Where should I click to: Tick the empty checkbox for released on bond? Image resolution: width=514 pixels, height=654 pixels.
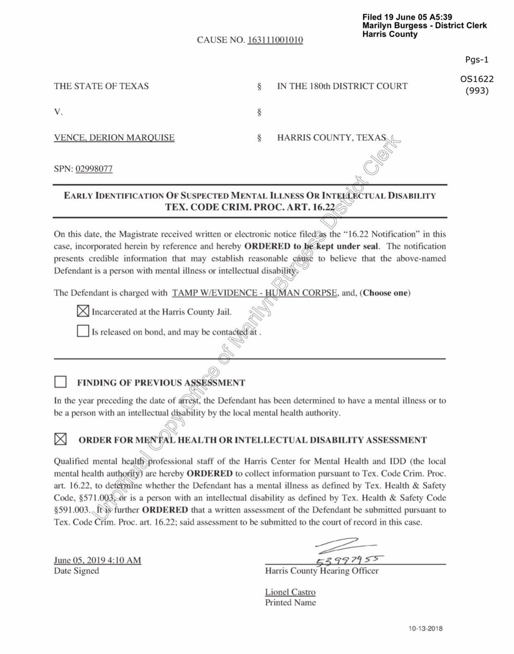(82, 331)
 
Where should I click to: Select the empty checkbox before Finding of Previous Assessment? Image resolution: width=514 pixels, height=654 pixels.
(61, 382)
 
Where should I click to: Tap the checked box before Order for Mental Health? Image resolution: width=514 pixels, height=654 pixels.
(61, 439)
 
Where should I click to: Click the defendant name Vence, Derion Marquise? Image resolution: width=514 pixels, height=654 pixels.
(114, 138)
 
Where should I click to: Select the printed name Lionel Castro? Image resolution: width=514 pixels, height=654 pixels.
(290, 592)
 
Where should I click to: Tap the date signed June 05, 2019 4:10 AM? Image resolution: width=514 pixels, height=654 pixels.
(99, 560)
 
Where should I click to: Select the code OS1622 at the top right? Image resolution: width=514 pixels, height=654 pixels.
(476, 79)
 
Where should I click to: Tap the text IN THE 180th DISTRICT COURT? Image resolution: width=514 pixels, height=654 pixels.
(342, 86)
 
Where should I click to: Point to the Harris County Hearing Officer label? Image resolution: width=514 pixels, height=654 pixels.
(322, 571)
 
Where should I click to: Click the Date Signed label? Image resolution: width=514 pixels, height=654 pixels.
(76, 571)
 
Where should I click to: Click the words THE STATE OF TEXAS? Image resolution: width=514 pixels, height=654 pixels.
(101, 86)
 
